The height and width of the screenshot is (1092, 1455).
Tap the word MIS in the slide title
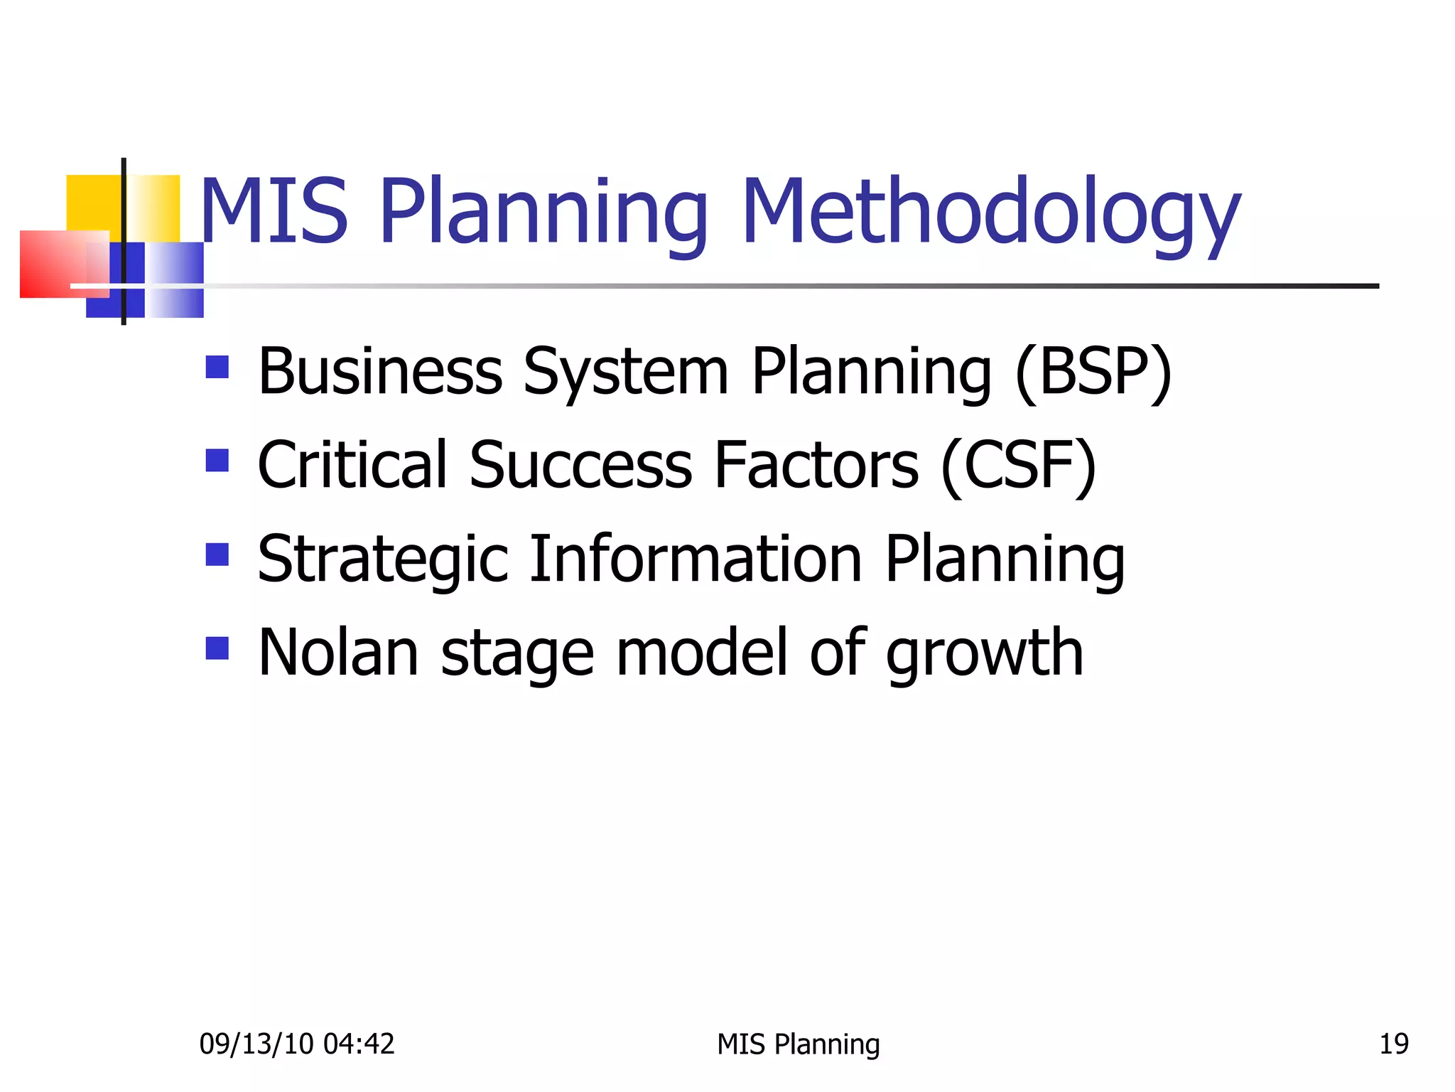pyautogui.click(x=274, y=212)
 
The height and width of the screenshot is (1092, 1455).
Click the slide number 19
pyautogui.click(x=1394, y=1044)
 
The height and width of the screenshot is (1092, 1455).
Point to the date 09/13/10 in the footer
pyautogui.click(x=256, y=1044)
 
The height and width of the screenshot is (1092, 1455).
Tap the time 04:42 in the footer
pyautogui.click(x=359, y=1044)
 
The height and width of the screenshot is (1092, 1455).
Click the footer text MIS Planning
pyautogui.click(x=799, y=1044)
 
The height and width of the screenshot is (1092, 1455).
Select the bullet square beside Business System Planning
pyautogui.click(x=217, y=367)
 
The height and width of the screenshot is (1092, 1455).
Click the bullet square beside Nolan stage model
pyautogui.click(x=217, y=648)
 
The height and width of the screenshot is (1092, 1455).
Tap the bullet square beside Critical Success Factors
pyautogui.click(x=217, y=460)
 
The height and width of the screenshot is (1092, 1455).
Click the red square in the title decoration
pyautogui.click(x=53, y=264)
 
